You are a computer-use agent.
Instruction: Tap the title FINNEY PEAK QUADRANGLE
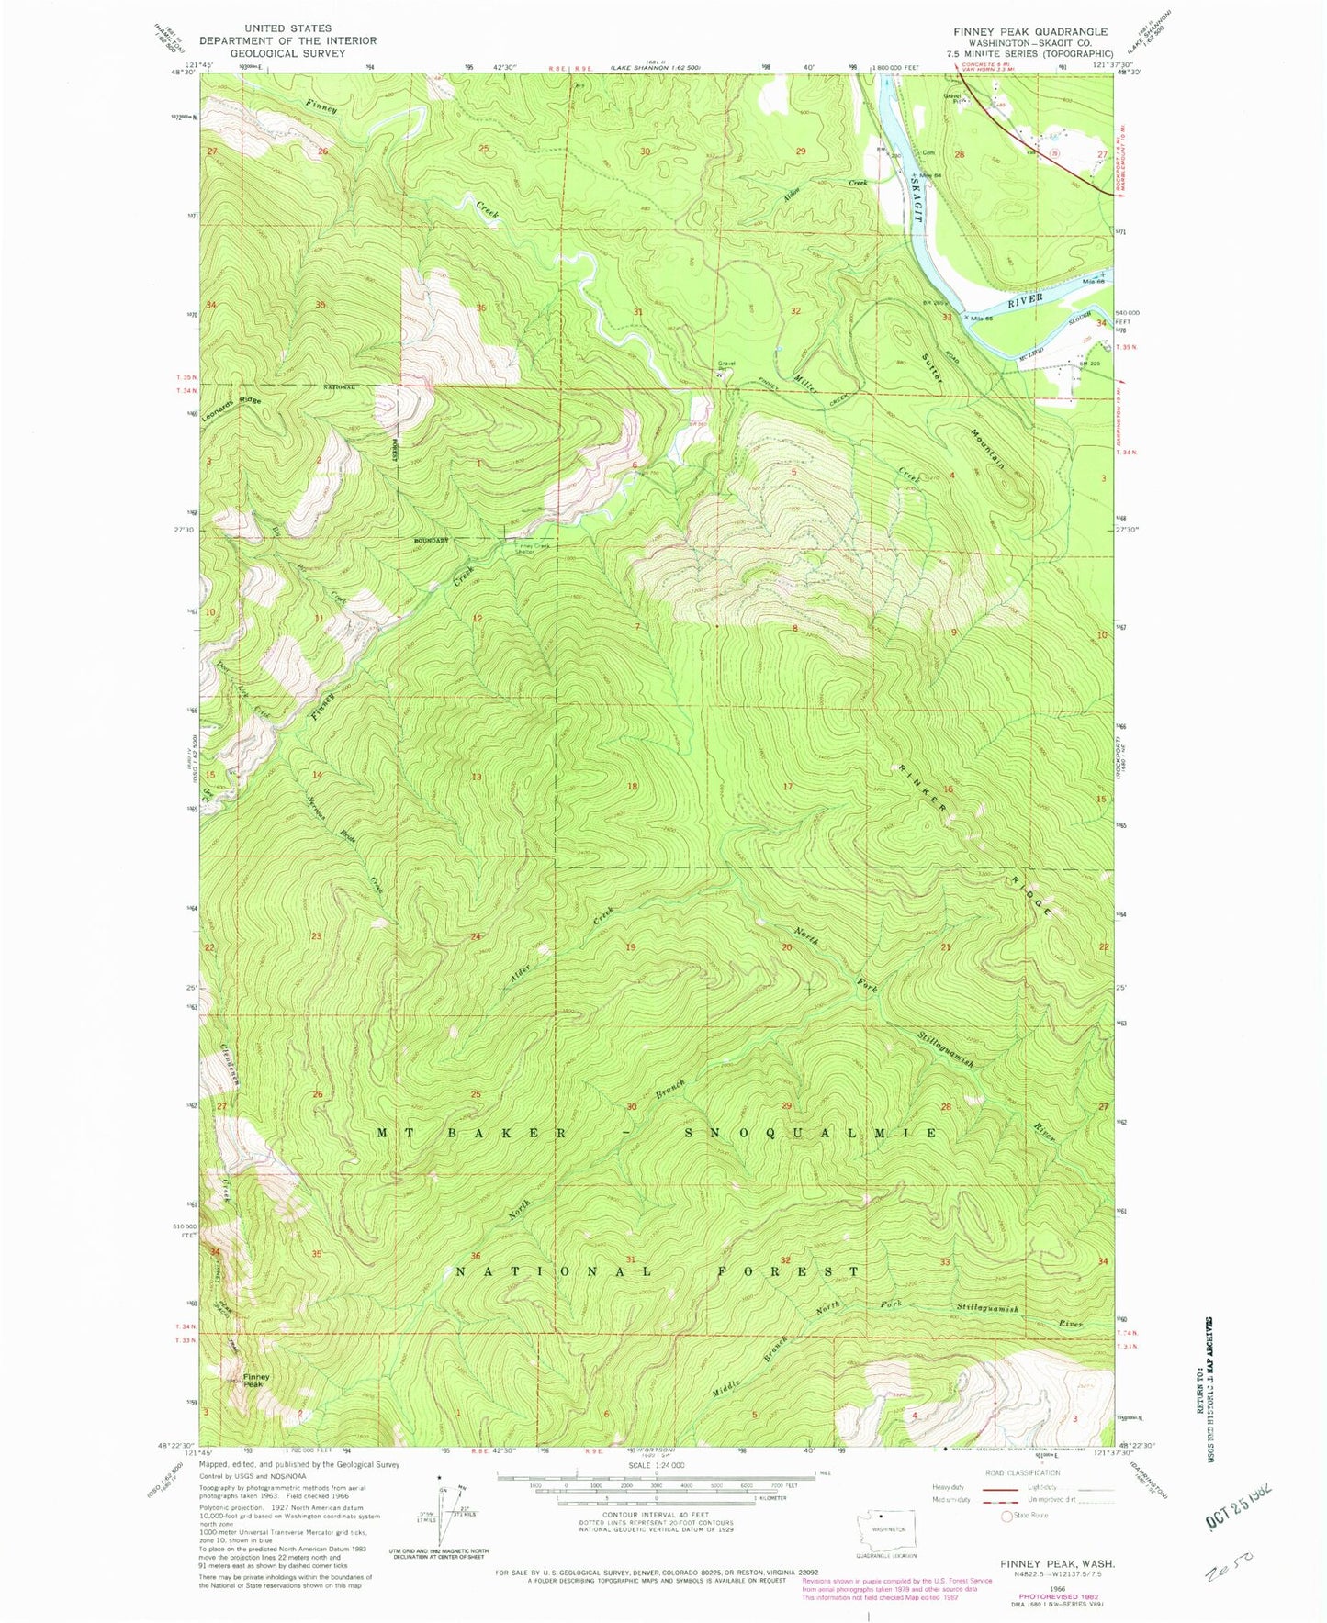1029,31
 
